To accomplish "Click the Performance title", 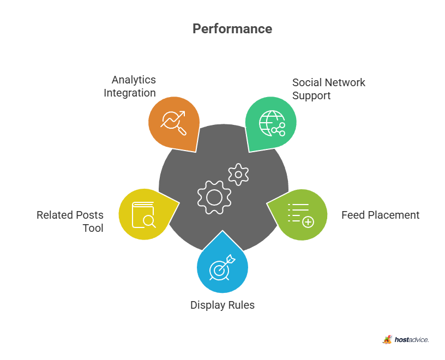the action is (x=232, y=29).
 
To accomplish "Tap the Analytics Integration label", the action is (x=130, y=86).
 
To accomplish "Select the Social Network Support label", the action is (x=329, y=89).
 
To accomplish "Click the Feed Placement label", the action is (x=380, y=215).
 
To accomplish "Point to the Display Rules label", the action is (x=222, y=305).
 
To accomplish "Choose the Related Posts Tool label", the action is (x=70, y=221).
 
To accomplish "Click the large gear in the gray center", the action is (x=214, y=197).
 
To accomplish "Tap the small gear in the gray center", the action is (x=238, y=175).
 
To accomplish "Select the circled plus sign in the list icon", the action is (x=308, y=222).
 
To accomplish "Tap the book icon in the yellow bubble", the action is (x=144, y=215).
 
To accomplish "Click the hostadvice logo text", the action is (x=412, y=340).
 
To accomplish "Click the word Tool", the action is (x=93, y=228).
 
